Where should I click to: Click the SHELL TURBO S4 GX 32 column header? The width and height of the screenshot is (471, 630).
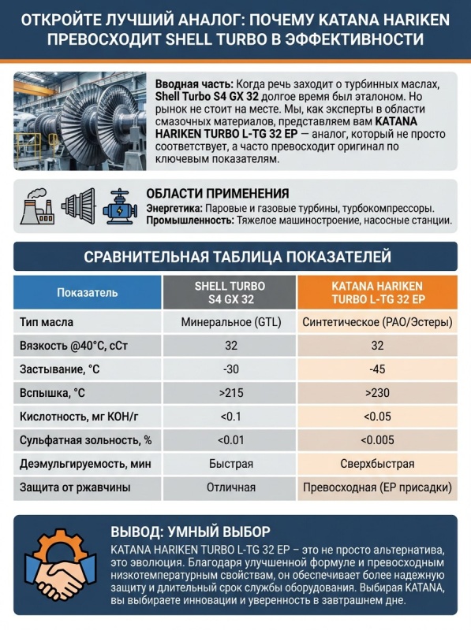pos(230,292)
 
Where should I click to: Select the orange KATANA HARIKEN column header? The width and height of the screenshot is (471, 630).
pos(377,292)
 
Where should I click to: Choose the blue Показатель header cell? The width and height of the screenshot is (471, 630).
pos(88,292)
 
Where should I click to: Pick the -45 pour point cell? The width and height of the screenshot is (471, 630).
pos(377,369)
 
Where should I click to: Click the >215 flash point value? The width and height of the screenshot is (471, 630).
pos(230,392)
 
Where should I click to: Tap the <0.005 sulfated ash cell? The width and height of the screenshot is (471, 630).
pos(377,440)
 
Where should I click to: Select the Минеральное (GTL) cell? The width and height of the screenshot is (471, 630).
pos(230,322)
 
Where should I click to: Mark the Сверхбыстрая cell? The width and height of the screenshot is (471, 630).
pos(377,464)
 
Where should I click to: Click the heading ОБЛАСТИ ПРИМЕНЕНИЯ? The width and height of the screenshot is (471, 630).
pos(217,193)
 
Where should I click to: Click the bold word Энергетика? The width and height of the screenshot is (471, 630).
pos(174,208)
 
